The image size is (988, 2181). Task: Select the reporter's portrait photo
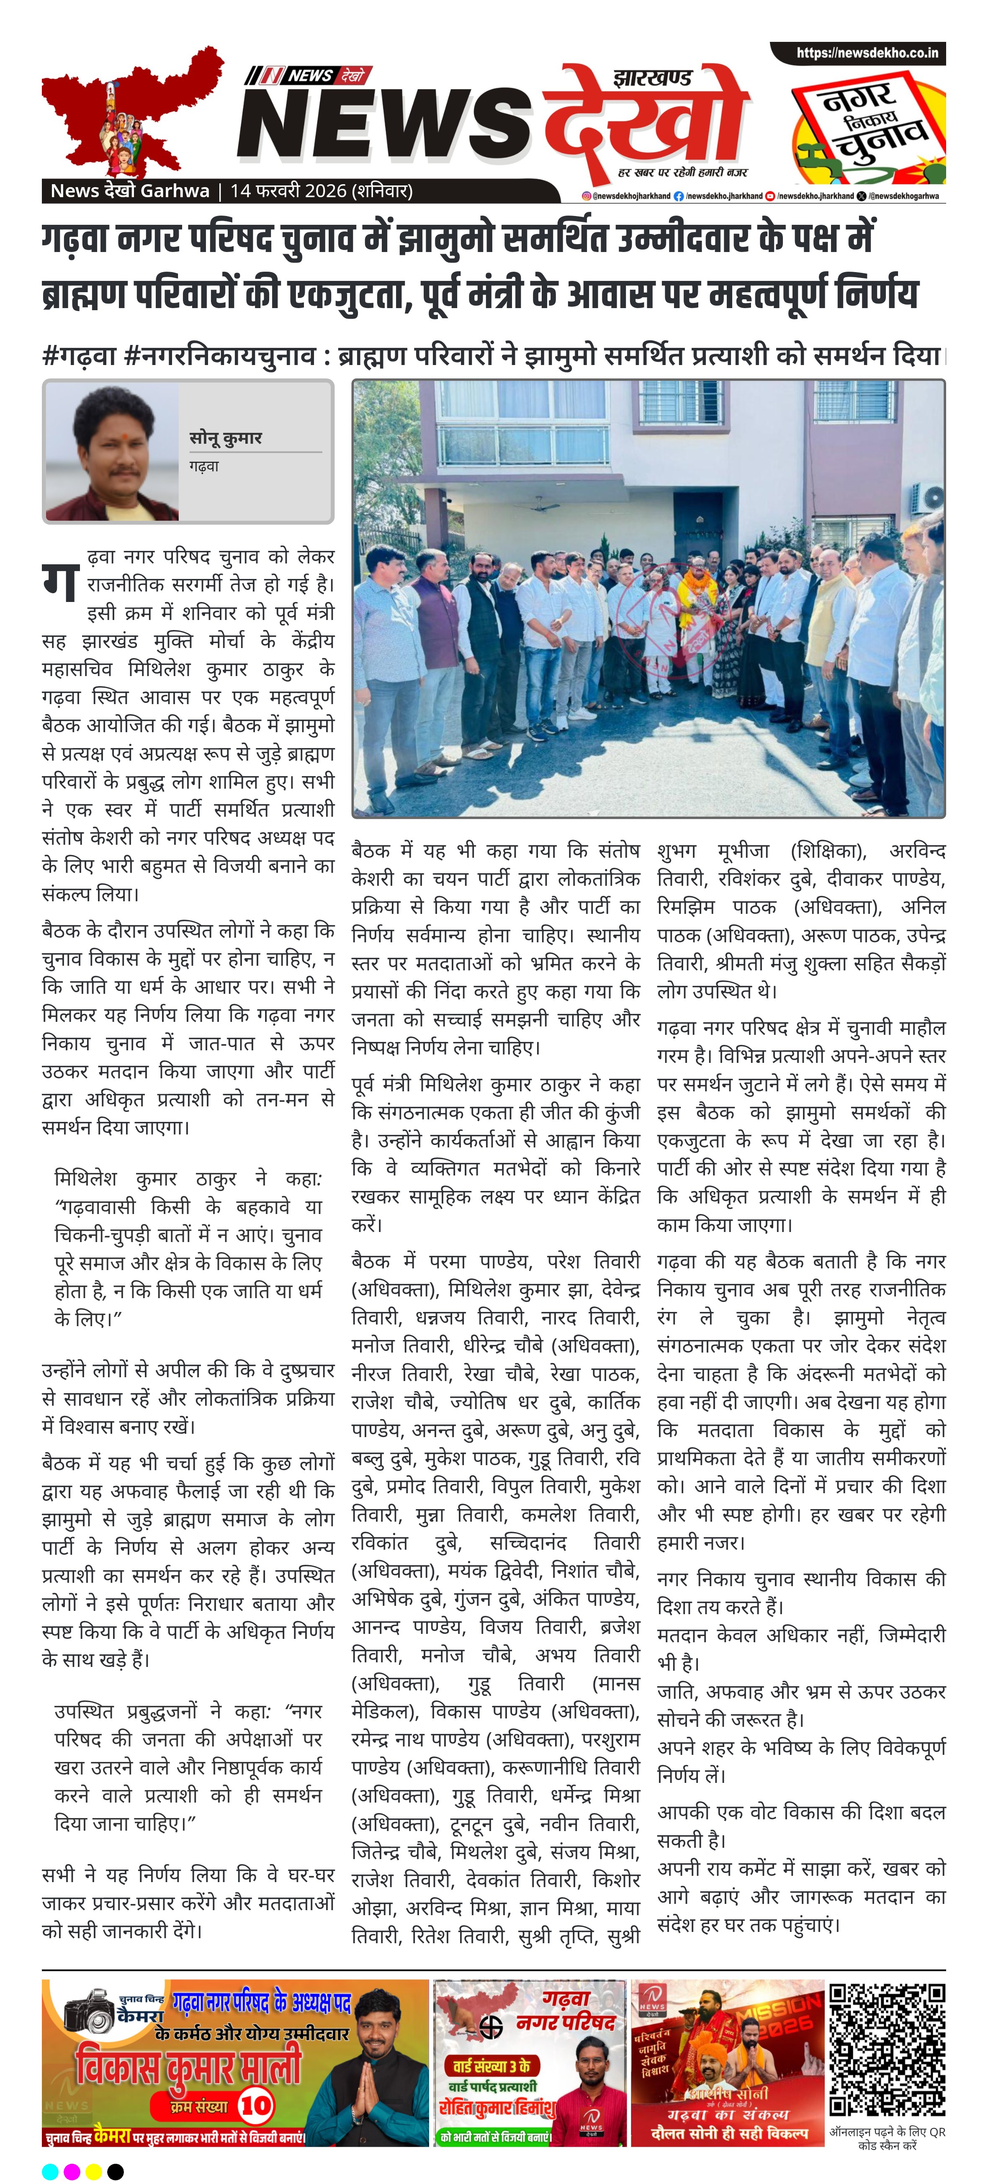tap(112, 451)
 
